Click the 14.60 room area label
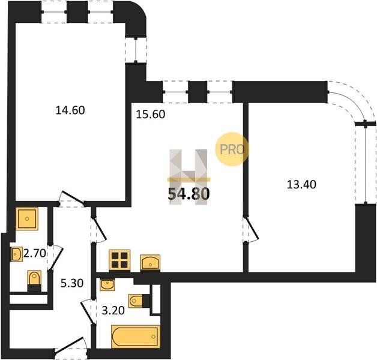70,110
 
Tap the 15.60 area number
151,115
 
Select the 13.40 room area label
302,185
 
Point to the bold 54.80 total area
188,194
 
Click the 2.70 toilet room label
35,253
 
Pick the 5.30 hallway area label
72,283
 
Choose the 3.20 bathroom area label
113,311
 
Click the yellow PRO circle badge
232,149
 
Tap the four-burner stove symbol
119,260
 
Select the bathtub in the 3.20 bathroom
136,337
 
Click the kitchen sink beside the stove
150,263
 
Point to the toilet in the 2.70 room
34,281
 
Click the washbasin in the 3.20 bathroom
107,285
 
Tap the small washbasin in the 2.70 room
17,254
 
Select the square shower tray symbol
27,218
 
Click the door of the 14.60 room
72,199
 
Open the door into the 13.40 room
251,230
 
